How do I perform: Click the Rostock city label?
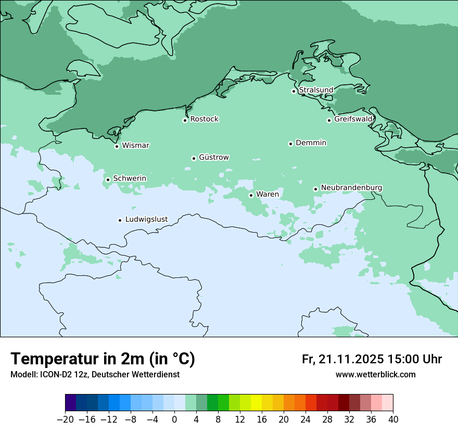point(204,119)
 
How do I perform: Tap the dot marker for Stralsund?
point(294,91)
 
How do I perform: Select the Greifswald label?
point(353,119)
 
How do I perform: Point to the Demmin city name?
point(311,143)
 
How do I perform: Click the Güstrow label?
point(213,157)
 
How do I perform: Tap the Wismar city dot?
point(117,146)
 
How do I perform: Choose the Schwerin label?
point(130,179)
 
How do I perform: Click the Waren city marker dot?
point(251,195)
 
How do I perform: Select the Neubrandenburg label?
point(351,187)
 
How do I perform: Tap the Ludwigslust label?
point(146,219)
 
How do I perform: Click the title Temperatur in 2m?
point(103,359)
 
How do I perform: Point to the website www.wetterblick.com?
point(375,374)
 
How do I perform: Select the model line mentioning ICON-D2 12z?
point(95,374)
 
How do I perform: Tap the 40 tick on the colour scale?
point(393,419)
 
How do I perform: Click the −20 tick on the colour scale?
point(65,419)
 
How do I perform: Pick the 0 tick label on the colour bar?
point(174,419)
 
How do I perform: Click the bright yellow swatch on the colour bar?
point(256,402)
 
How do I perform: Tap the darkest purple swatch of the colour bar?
point(71,402)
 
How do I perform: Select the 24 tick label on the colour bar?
point(306,419)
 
